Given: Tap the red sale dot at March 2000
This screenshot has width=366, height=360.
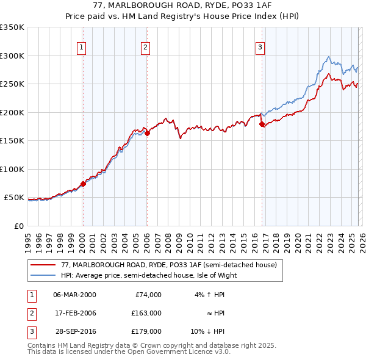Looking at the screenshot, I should (83, 184).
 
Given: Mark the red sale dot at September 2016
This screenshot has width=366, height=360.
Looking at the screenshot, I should (262, 124).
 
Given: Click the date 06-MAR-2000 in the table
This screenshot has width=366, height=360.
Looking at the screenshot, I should (74, 294).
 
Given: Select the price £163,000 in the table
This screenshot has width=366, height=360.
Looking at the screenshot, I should (147, 313).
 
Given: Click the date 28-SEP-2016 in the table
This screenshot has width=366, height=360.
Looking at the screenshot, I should (74, 331).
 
